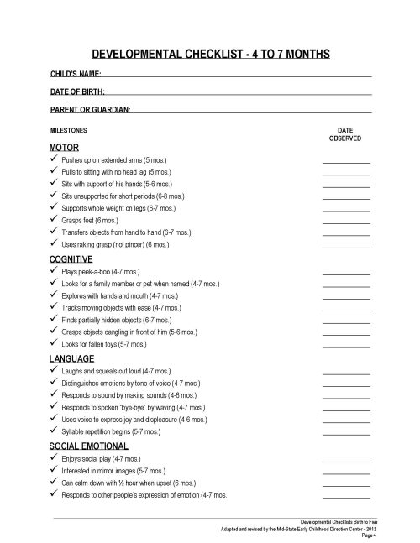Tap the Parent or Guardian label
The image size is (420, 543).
[x=91, y=109]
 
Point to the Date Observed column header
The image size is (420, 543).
[x=344, y=135]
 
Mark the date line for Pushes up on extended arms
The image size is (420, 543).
[x=345, y=160]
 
